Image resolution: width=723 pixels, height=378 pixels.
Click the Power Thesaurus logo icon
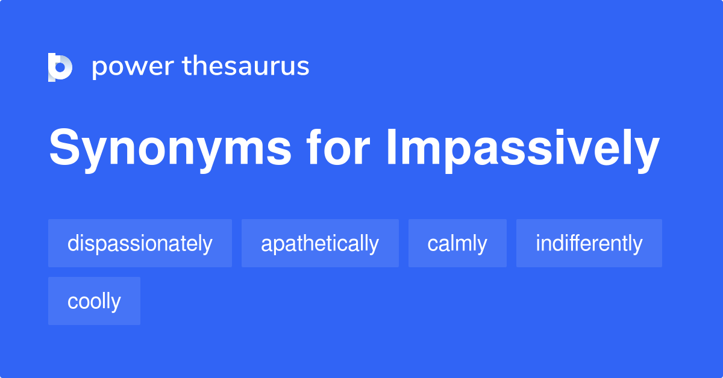click(60, 67)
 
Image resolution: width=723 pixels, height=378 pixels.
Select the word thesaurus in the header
click(246, 66)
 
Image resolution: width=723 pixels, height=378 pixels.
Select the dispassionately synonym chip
click(140, 243)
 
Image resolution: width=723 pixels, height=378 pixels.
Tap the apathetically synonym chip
click(320, 243)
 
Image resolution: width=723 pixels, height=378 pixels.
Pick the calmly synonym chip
click(457, 243)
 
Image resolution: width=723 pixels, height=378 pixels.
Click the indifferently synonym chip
click(589, 243)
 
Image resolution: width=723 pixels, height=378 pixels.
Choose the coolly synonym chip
click(94, 301)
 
